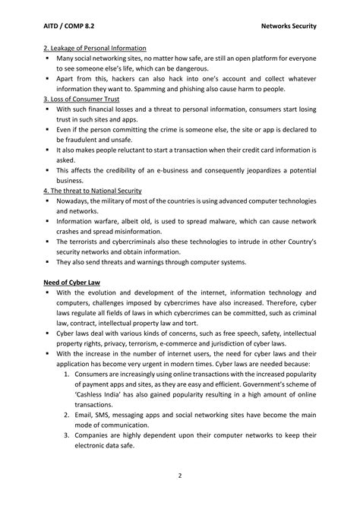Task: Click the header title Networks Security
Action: (x=287, y=26)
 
